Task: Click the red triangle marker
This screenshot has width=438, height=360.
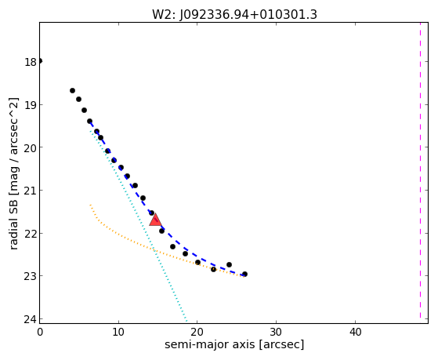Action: (x=155, y=220)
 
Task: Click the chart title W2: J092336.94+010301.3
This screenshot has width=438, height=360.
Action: (x=234, y=14)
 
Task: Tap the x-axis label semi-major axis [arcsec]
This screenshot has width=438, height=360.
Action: (x=234, y=344)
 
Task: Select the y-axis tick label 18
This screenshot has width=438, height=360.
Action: (x=31, y=62)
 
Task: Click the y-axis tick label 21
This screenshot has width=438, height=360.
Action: (x=31, y=191)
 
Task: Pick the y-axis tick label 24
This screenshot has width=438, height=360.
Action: (x=31, y=319)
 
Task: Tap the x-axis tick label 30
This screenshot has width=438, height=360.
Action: (x=277, y=332)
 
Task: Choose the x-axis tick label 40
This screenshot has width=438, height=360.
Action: (x=355, y=332)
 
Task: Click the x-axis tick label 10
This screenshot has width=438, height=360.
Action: (x=118, y=332)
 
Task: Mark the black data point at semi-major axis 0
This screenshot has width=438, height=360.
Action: (x=40, y=61)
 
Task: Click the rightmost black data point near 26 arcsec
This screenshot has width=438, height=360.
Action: (x=244, y=275)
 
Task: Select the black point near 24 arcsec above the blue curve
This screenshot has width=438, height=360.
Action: (x=229, y=264)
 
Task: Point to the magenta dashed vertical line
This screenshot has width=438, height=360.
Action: (x=420, y=170)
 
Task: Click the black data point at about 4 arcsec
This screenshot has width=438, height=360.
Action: (x=72, y=91)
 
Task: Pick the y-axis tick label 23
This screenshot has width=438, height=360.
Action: (x=31, y=276)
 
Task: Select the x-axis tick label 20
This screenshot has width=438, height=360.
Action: (x=197, y=332)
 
